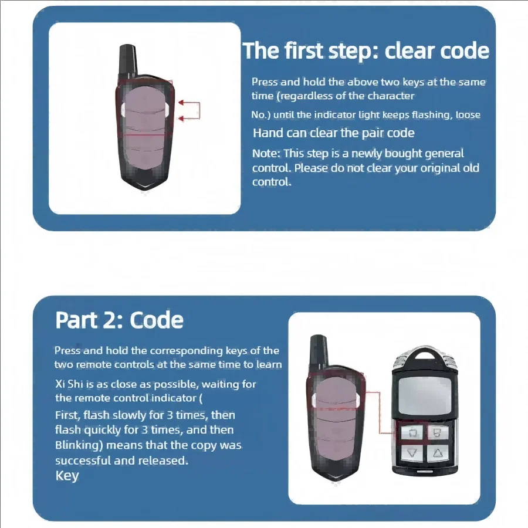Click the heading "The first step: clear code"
click(x=365, y=51)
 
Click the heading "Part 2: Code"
click(x=119, y=320)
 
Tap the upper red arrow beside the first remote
click(x=189, y=102)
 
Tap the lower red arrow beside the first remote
click(x=189, y=118)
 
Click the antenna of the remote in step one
click(x=128, y=60)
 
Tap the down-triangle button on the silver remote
click(x=411, y=453)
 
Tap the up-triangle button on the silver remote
click(x=438, y=453)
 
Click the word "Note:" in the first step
click(x=266, y=154)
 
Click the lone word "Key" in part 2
click(x=67, y=476)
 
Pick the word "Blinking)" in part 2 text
click(x=79, y=445)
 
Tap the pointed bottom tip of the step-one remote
click(x=145, y=189)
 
